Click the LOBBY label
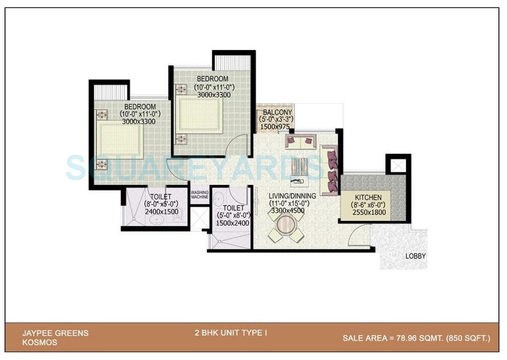tap(415, 256)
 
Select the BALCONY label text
tap(276, 112)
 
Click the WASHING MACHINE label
tap(200, 194)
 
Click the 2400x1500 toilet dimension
tap(161, 211)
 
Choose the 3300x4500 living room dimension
tap(288, 211)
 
